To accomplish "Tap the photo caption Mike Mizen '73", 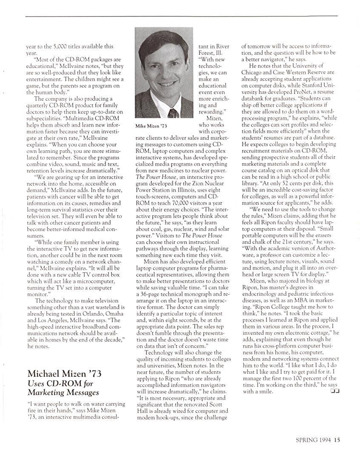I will tap(151, 126).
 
